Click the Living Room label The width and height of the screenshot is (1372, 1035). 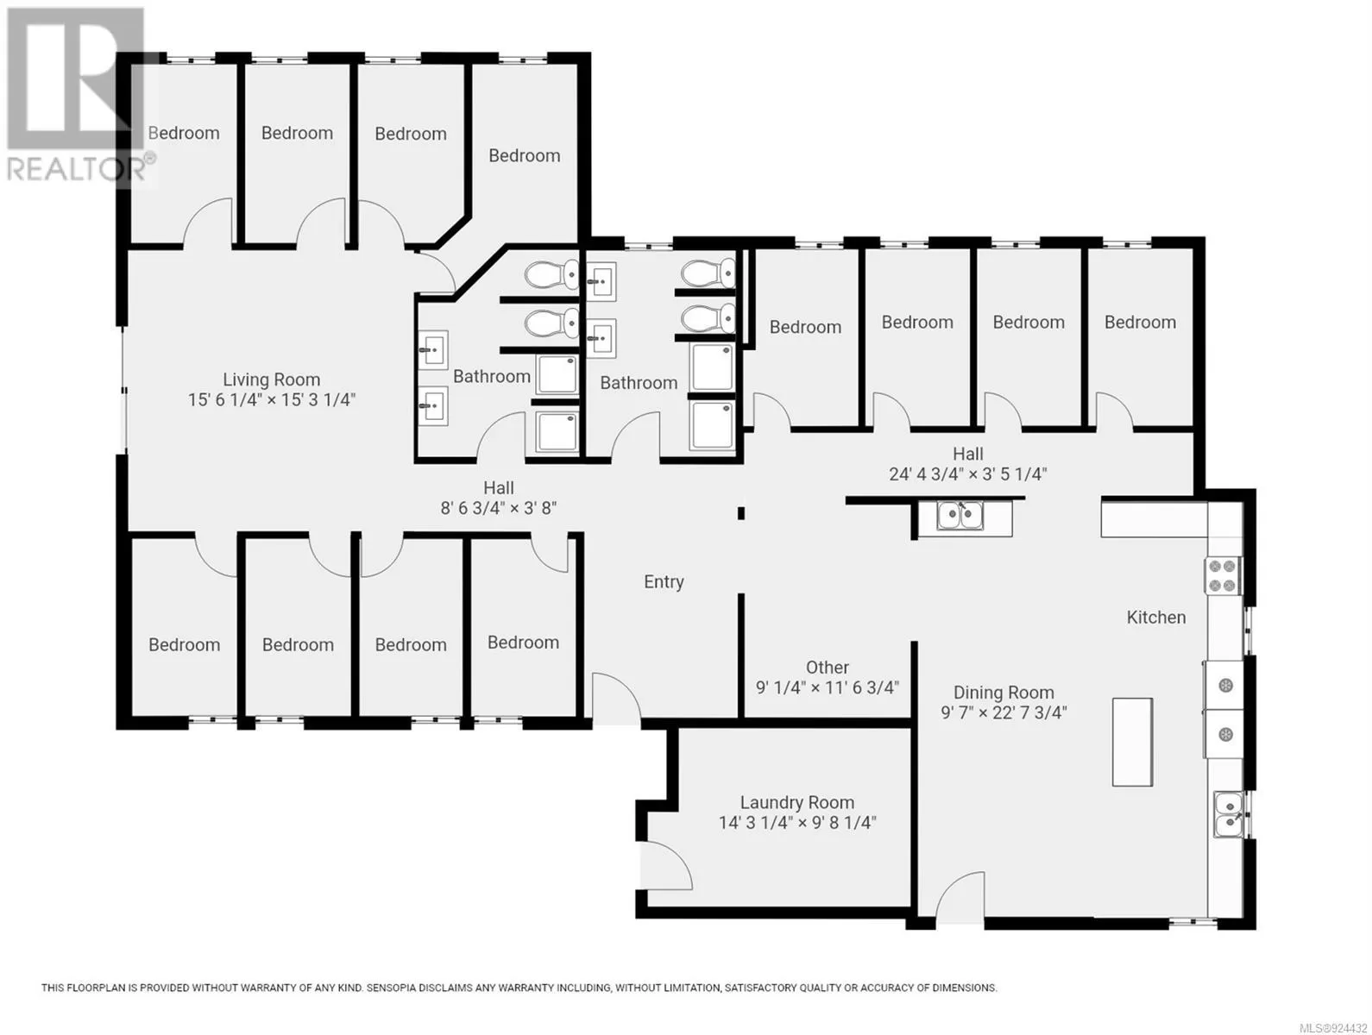tap(271, 379)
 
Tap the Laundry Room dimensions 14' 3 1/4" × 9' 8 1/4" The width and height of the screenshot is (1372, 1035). tap(797, 823)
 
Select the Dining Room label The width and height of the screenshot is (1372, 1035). tap(1004, 693)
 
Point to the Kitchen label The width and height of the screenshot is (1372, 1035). tap(1155, 618)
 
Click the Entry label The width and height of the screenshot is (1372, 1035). tap(664, 582)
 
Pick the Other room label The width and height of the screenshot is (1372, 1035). tap(827, 668)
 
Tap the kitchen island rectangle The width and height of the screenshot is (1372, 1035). tap(1132, 742)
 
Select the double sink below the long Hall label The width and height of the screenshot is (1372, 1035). tap(960, 516)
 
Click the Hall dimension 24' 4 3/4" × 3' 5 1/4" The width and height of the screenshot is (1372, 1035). tap(967, 474)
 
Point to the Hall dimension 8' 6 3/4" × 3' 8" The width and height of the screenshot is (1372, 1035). tap(498, 508)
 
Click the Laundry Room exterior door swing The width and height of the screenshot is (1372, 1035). tap(669, 864)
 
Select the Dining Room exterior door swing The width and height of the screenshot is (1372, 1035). tap(960, 898)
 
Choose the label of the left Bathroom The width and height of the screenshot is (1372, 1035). tap(491, 377)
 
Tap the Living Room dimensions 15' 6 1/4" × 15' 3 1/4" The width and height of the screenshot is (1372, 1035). tap(271, 399)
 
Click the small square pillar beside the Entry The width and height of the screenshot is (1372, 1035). tap(740, 513)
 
